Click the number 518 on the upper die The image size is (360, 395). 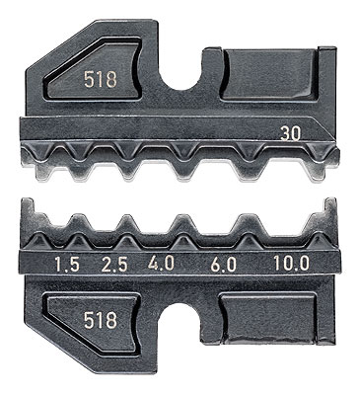tap(101, 80)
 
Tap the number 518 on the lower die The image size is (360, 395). tap(101, 320)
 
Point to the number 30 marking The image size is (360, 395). tap(291, 134)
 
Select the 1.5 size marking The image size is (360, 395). tap(67, 265)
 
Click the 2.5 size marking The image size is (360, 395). tap(114, 265)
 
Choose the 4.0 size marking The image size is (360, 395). tap(161, 264)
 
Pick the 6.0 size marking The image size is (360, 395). tap(223, 265)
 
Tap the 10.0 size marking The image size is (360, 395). tap(292, 264)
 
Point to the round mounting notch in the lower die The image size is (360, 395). tap(180, 316)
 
